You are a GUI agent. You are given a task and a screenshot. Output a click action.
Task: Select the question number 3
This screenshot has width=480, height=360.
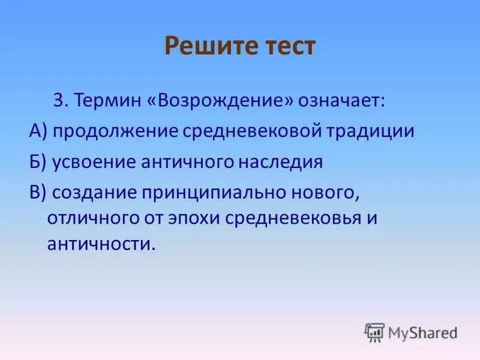58,100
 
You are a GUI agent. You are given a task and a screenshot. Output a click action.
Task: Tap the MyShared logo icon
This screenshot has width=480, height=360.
374,332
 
